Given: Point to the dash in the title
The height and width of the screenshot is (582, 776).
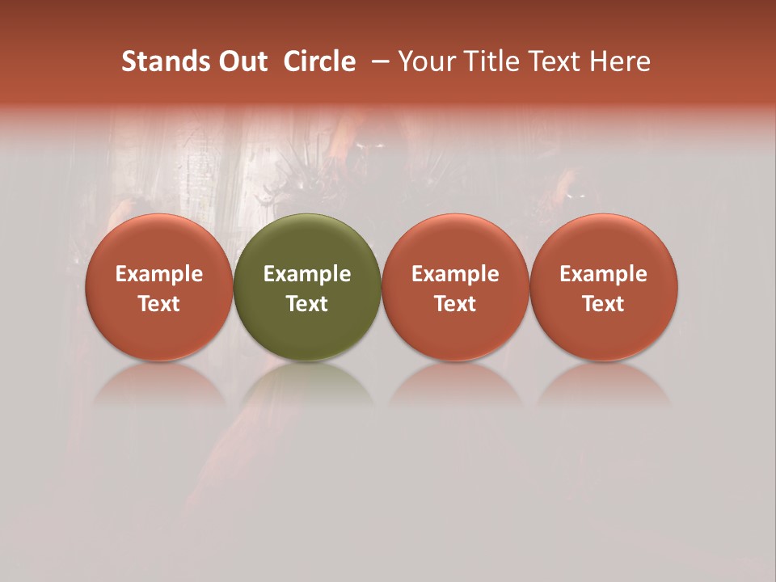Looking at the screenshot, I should tap(377, 61).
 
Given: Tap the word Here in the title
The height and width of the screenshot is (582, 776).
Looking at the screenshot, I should tap(621, 61).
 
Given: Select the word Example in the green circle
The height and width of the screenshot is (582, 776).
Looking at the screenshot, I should tap(307, 274).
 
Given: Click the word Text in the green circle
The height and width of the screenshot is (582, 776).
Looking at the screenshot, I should tap(307, 304).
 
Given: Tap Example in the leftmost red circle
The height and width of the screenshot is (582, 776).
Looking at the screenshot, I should tap(159, 274).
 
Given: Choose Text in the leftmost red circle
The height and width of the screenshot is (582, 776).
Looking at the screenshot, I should tap(159, 304).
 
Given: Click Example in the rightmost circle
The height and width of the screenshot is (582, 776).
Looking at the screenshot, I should tap(604, 274).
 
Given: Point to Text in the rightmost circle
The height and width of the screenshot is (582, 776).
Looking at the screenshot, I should tap(604, 304).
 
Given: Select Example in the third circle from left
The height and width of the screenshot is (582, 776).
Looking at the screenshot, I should tap(455, 274).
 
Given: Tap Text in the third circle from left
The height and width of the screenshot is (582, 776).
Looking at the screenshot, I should tap(455, 304).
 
